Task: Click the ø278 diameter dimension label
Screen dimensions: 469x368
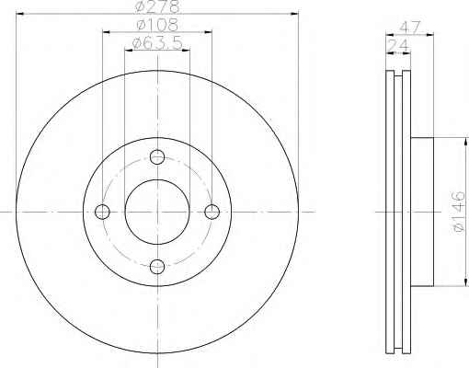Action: click(x=156, y=6)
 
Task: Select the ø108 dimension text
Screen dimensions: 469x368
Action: click(x=157, y=25)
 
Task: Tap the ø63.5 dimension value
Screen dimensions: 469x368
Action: click(x=157, y=43)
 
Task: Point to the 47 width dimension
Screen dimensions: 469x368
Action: click(x=409, y=28)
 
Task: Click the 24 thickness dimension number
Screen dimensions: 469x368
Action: click(x=398, y=46)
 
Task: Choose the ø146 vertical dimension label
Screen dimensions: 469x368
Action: click(x=460, y=212)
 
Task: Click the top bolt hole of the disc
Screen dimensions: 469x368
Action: click(x=157, y=157)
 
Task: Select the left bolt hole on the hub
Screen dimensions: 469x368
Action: click(x=102, y=212)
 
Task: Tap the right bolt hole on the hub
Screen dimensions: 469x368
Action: click(x=212, y=212)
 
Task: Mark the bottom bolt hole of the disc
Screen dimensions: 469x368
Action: click(x=157, y=267)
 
